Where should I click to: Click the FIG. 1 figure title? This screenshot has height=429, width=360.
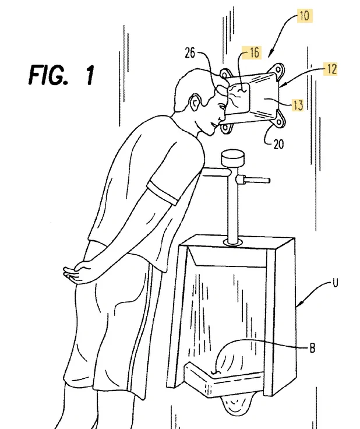pos(62,74)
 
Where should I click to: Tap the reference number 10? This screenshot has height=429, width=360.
pos(304,16)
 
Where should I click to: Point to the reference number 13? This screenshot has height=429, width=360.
pos(298,105)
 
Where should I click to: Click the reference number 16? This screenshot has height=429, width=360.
pos(254,52)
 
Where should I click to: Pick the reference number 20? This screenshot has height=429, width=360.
pos(278,144)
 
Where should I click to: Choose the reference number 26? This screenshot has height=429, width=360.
pos(190,52)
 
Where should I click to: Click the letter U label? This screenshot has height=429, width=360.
pos(336,283)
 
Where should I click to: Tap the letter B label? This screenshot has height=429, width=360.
pos(312,349)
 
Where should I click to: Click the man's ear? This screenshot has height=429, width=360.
pos(196,103)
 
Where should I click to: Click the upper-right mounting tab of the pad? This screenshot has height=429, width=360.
pos(278,70)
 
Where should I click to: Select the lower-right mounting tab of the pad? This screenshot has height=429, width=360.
pos(278,122)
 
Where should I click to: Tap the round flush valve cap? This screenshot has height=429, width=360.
pos(232,158)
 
